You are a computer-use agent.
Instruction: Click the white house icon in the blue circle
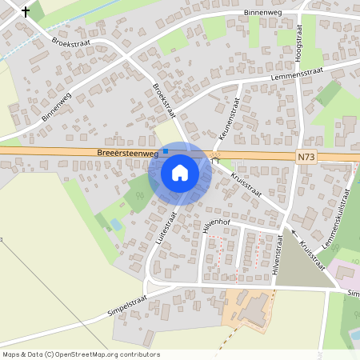point(180,172)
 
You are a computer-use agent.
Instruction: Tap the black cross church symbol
point(26,12)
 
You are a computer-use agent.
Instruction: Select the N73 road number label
point(305,158)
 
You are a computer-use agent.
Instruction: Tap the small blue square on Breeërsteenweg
point(166,150)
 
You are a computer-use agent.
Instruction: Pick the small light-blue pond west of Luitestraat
point(117,226)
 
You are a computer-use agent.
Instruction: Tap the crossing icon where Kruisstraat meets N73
point(215,156)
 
